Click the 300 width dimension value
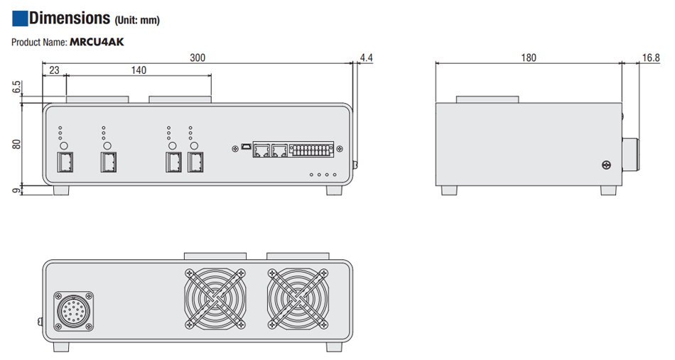click(x=198, y=58)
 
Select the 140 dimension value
click(x=139, y=70)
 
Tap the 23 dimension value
click(x=54, y=70)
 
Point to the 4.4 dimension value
click(x=367, y=57)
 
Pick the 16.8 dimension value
click(x=651, y=57)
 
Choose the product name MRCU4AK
click(x=97, y=42)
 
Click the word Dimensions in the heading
click(x=70, y=18)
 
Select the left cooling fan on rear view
click(x=215, y=298)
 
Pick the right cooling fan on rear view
click(x=298, y=298)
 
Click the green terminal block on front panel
click(x=313, y=150)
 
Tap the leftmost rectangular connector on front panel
click(x=63, y=163)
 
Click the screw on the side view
click(x=605, y=165)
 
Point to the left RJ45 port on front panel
click(x=262, y=150)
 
